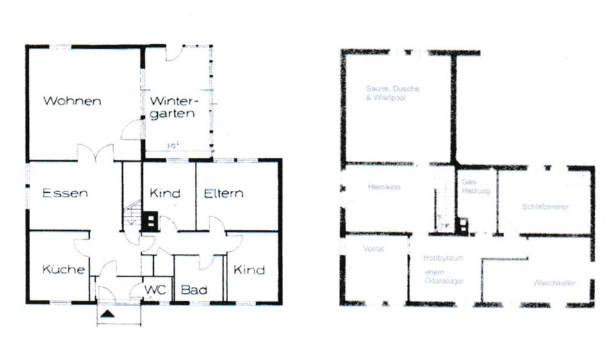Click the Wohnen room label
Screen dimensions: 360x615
tap(72, 101)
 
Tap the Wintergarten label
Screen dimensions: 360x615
tap(175, 108)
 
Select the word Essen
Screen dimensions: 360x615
tap(65, 193)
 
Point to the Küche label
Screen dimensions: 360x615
tap(63, 270)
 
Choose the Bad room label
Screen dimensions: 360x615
tap(193, 290)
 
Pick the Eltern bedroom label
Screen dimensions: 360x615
tap(224, 193)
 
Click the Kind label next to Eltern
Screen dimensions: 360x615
tap(165, 193)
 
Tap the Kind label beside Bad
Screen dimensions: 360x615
tap(249, 270)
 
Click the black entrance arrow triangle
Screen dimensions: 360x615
tap(108, 313)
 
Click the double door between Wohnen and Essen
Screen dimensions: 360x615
tap(95, 154)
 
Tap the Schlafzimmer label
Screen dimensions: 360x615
tap(546, 207)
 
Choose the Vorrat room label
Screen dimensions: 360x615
tap(372, 249)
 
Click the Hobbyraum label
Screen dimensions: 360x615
tap(443, 258)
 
